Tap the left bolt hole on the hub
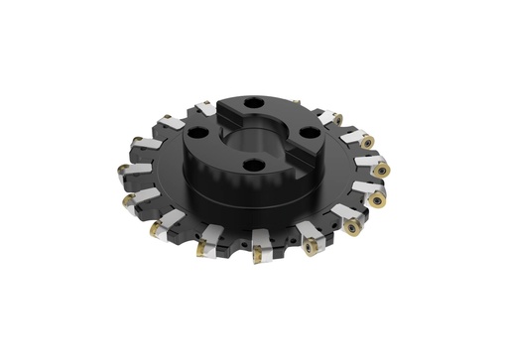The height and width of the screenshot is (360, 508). tap(197, 131)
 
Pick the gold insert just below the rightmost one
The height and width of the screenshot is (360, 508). tap(378, 200)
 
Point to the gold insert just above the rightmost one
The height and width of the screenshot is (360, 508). tap(369, 142)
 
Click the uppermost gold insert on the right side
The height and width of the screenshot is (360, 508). tap(338, 119)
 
